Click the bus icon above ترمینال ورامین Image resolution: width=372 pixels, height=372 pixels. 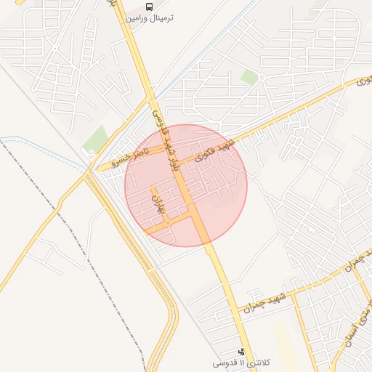pyautogui.click(x=149, y=7)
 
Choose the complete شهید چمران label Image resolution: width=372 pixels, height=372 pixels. pyautogui.click(x=271, y=302)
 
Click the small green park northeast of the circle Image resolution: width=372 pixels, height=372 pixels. pyautogui.click(x=249, y=77)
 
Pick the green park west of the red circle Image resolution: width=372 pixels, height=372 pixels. pyautogui.click(x=95, y=139)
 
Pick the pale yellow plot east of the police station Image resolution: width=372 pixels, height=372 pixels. pyautogui.click(x=283, y=341)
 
